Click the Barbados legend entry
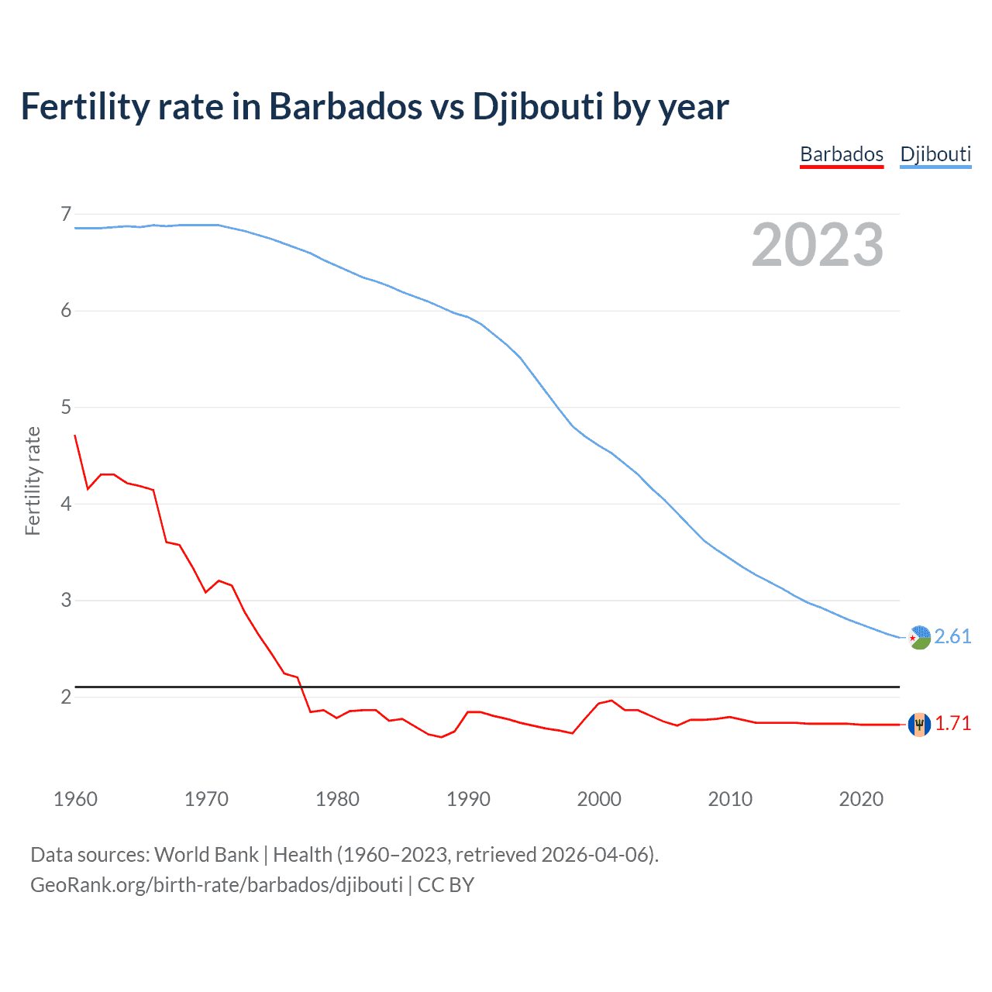click(842, 154)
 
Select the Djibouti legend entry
click(935, 154)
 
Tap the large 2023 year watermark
click(818, 245)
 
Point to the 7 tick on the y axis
click(66, 214)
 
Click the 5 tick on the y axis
click(66, 407)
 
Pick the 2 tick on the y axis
click(66, 697)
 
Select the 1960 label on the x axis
click(75, 799)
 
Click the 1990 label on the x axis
click(468, 799)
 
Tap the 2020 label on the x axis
click(861, 799)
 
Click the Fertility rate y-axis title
click(33, 480)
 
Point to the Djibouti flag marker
click(919, 637)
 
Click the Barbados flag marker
click(919, 724)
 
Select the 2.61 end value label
click(952, 636)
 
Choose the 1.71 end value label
click(952, 723)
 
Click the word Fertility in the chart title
click(84, 107)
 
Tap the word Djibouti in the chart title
click(538, 107)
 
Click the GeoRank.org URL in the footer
click(216, 885)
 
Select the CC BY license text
click(446, 885)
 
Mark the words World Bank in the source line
click(206, 855)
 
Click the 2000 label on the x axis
click(599, 799)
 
